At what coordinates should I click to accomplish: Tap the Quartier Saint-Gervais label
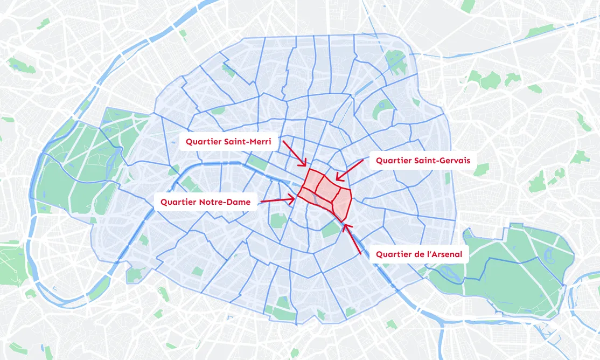pyautogui.click(x=423, y=161)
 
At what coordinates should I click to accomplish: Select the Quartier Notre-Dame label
pyautogui.click(x=205, y=202)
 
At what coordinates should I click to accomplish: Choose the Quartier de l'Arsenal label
pyautogui.click(x=418, y=254)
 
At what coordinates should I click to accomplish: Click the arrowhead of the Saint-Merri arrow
pyautogui.click(x=305, y=164)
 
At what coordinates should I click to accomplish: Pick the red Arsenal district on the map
pyautogui.click(x=341, y=202)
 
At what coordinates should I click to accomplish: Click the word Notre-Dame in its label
pyautogui.click(x=229, y=202)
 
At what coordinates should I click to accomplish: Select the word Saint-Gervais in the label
pyautogui.click(x=443, y=161)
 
